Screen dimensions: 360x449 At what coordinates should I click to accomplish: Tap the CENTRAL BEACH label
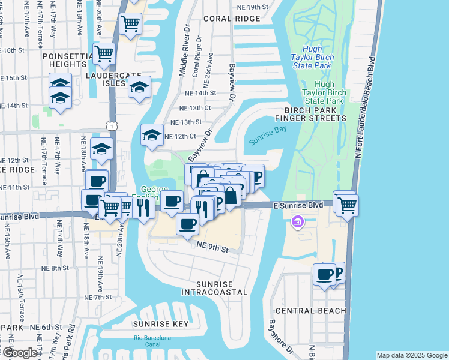click(311, 310)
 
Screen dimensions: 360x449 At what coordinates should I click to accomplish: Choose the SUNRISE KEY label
click(154, 324)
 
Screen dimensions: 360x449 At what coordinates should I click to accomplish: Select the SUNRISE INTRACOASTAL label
click(214, 287)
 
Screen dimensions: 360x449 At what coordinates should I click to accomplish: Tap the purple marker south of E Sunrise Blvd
click(296, 223)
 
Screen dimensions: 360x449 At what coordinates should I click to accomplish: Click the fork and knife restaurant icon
click(143, 207)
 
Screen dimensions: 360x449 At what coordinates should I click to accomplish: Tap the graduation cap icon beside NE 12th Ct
click(152, 135)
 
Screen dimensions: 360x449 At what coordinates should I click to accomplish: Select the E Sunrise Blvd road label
click(298, 205)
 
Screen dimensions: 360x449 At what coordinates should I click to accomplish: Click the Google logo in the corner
click(20, 353)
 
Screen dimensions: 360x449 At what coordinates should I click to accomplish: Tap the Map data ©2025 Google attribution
click(411, 355)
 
